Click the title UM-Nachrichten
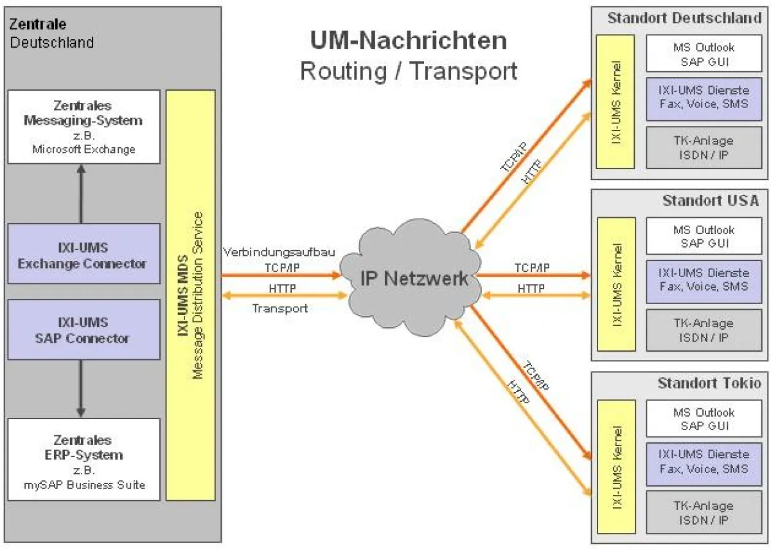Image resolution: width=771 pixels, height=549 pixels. [409, 40]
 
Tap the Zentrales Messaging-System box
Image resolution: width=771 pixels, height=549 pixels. [84, 127]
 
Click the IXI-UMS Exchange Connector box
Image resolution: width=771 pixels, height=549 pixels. [84, 254]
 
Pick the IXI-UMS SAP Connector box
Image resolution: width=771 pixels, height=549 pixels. [84, 329]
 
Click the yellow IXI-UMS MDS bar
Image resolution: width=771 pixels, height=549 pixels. [190, 295]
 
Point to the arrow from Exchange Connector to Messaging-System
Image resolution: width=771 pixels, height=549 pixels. [81, 193]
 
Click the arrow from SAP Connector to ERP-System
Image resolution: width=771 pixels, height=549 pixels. [81, 388]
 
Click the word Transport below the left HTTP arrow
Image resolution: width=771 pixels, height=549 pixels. [279, 309]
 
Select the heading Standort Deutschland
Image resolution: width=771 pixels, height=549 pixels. [684, 18]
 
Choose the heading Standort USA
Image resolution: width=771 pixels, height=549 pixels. [710, 201]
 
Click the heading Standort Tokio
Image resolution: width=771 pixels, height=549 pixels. [709, 384]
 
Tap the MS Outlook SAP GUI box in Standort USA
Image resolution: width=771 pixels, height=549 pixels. [704, 236]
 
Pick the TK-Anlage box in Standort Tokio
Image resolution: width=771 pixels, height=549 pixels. [704, 512]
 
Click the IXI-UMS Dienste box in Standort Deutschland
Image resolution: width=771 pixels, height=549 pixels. [704, 96]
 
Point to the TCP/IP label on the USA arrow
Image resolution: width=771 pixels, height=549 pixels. [531, 267]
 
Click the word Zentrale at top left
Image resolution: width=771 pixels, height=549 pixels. [37, 24]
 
